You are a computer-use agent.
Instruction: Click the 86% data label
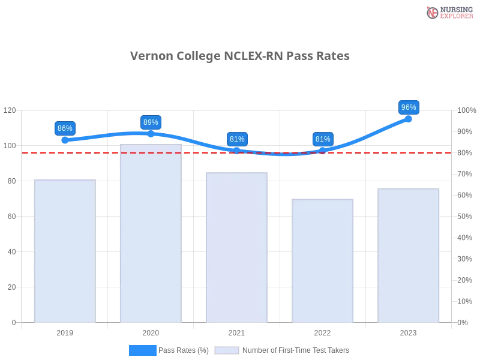pos(64,128)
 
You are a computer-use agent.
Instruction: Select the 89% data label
pos(151,122)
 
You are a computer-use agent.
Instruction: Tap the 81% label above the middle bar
pos(237,139)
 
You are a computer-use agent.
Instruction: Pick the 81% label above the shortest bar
pos(323,139)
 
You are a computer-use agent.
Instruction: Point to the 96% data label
pos(409,107)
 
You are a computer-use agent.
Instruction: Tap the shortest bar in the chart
pos(323,260)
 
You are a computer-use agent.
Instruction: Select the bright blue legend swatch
pos(143,350)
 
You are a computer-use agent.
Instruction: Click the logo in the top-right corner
pos(448,13)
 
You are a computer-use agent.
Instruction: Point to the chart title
pos(240,56)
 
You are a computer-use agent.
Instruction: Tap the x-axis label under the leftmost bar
pos(65,332)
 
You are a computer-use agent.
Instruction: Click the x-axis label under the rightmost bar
pos(409,332)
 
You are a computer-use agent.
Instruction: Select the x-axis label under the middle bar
pos(236,332)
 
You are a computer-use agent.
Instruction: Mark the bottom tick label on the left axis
pos(14,322)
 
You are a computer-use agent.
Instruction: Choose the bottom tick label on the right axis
pos(463,322)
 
